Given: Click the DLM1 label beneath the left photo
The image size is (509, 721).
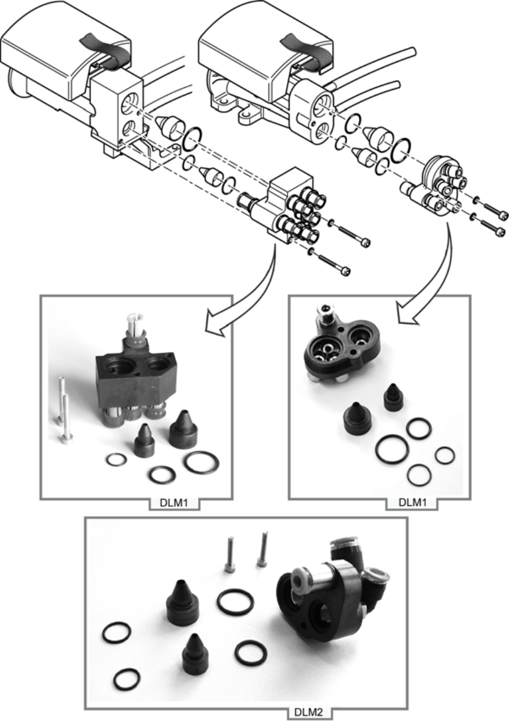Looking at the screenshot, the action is point(173,503).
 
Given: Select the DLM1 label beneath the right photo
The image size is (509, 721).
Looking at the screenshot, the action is point(412,502).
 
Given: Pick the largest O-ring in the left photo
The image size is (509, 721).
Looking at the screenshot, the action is point(202,463).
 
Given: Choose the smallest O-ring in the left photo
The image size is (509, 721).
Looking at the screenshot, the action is point(116,459).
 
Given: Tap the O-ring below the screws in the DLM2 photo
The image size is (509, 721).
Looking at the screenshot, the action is point(235,602).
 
